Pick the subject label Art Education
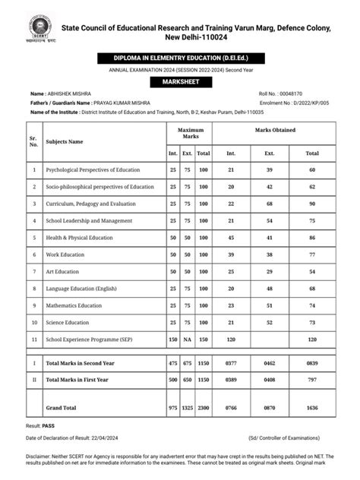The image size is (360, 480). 64,271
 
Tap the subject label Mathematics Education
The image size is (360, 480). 74,305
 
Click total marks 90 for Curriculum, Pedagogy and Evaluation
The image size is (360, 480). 312,203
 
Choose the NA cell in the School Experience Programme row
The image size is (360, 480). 188,339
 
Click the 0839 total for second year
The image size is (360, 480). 312,364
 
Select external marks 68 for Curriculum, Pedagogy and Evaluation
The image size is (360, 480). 269,203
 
